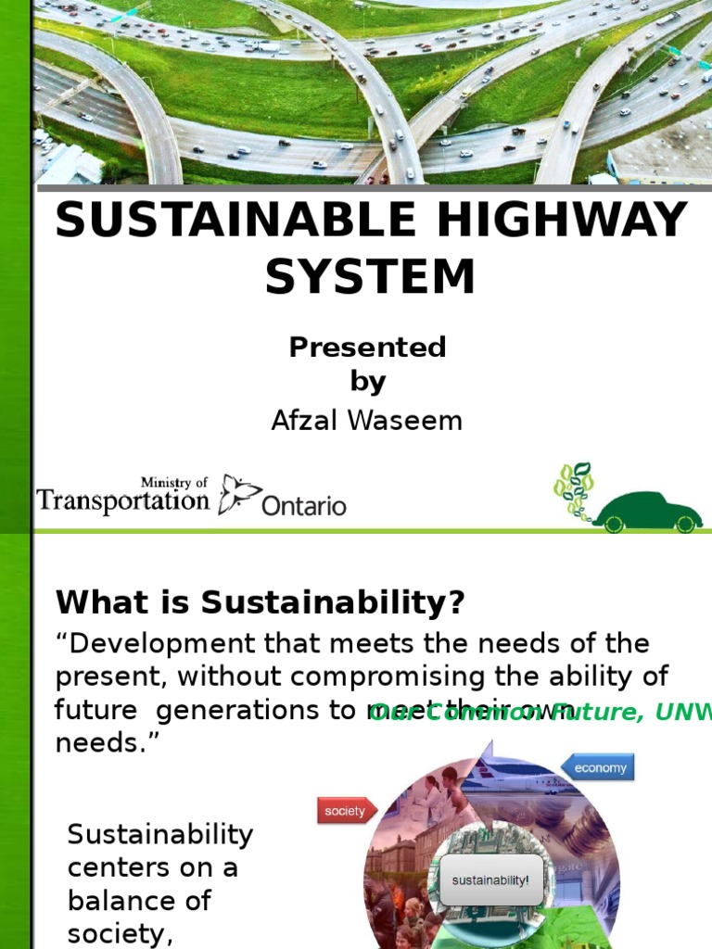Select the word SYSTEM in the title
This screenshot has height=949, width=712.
370,276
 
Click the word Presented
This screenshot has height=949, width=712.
367,348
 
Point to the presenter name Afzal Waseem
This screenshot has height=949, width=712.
366,421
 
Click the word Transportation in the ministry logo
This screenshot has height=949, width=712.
123,501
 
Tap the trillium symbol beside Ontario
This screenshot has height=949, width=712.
238,494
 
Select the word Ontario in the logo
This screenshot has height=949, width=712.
304,506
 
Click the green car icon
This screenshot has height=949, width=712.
648,512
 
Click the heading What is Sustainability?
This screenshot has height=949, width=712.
260,603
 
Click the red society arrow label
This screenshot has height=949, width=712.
346,811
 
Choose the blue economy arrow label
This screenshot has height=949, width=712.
598,767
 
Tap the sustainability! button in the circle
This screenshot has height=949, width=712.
490,879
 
